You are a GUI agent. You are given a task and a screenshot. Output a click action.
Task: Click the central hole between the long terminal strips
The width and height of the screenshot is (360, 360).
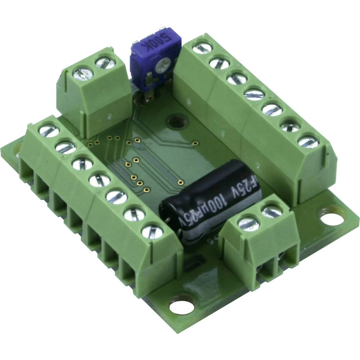(176, 121)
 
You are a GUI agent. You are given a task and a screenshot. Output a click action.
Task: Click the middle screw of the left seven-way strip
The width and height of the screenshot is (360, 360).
(99, 180)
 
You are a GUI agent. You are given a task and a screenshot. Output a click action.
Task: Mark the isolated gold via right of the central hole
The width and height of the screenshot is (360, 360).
(195, 143)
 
